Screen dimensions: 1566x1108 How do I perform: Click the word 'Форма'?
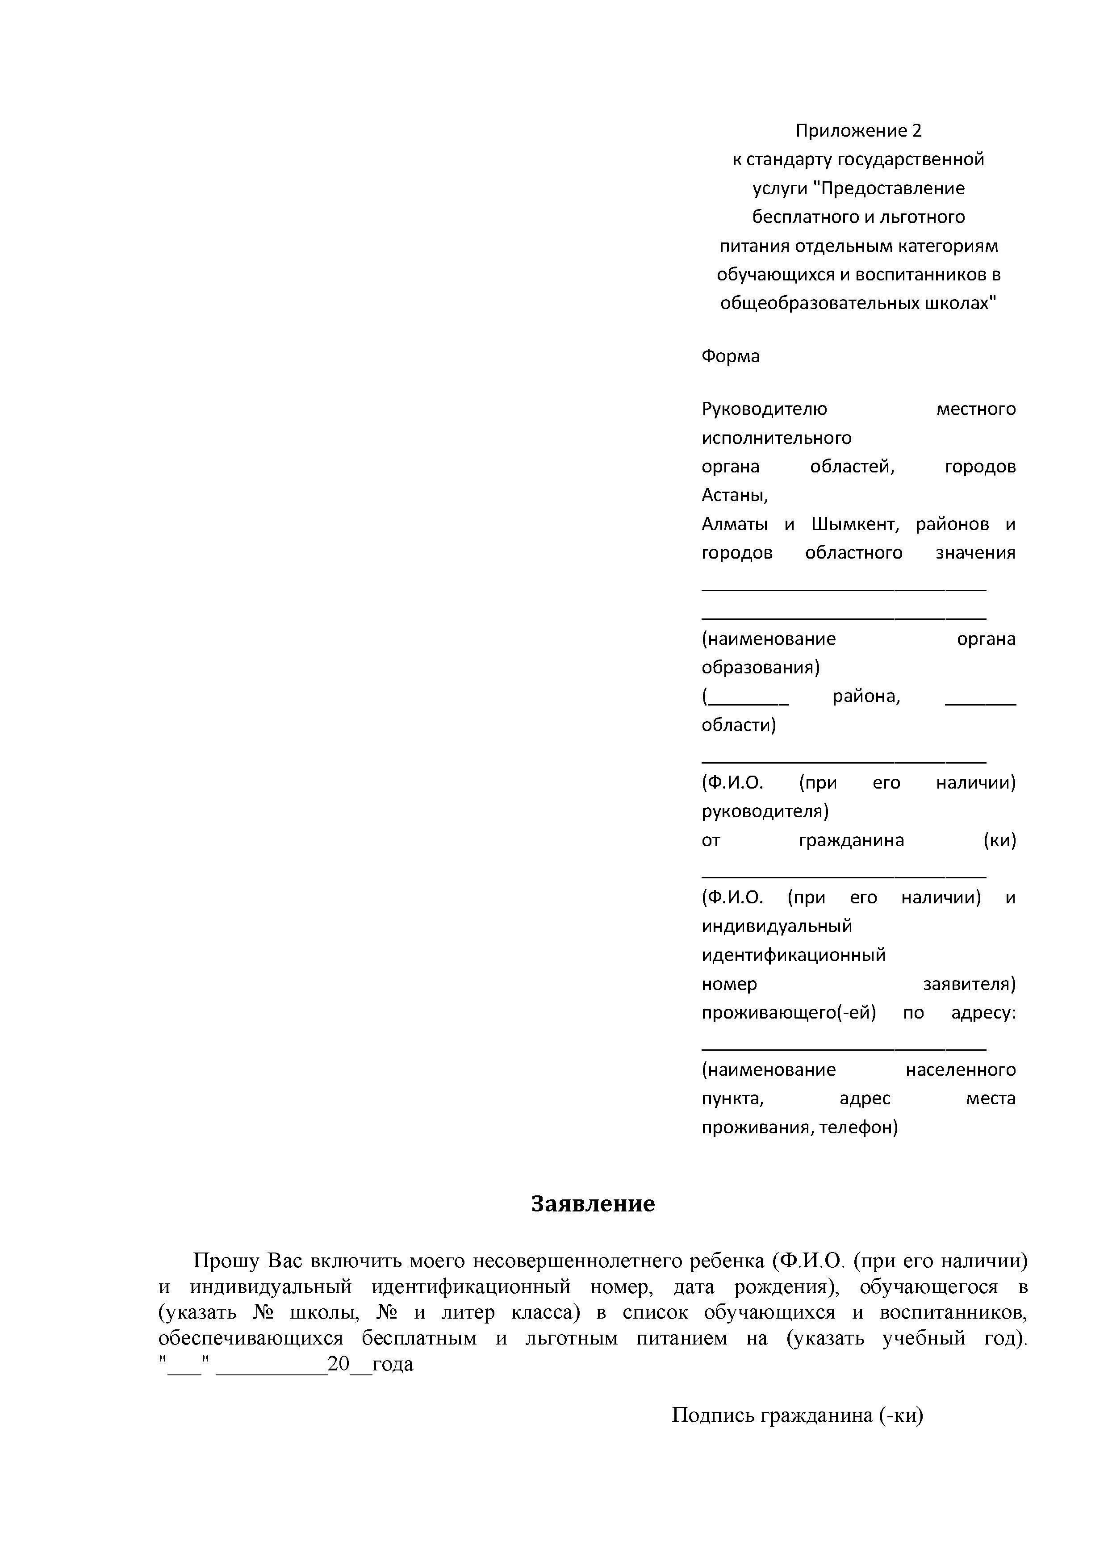pos(730,356)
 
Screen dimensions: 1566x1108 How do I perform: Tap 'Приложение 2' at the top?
pos(858,130)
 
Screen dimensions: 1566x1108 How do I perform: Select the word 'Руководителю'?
pos(764,409)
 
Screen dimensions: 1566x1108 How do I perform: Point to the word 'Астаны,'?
pos(735,495)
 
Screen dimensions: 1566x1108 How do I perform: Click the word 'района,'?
pos(866,697)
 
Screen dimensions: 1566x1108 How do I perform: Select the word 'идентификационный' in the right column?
pos(794,955)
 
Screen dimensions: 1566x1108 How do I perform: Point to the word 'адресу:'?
pos(983,1013)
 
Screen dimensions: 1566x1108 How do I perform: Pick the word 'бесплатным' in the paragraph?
pos(419,1338)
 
